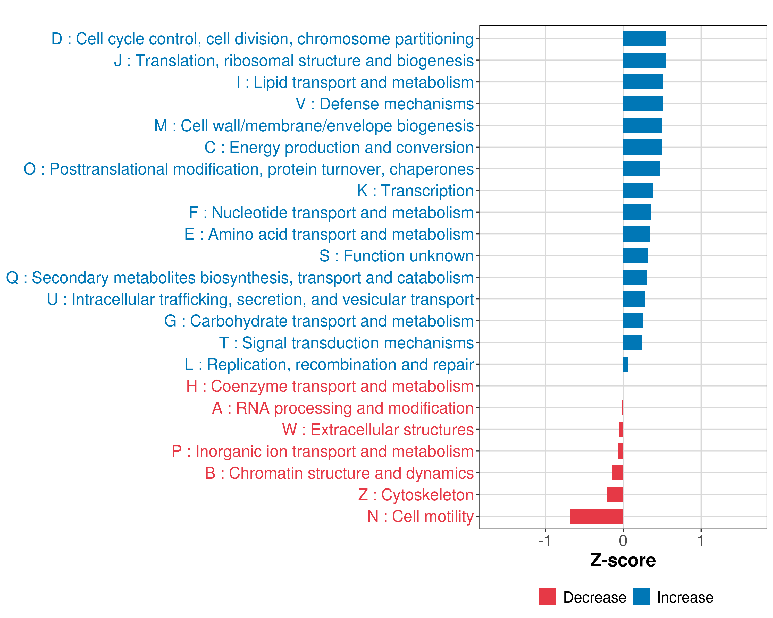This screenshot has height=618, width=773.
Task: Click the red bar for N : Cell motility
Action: point(596,516)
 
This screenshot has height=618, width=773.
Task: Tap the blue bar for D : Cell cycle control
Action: point(645,39)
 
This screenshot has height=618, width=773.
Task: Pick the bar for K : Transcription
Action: point(638,191)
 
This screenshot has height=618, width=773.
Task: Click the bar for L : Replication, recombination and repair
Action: point(626,364)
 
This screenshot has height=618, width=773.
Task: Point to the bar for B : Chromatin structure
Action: point(618,473)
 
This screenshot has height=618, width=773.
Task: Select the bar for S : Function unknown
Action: point(635,256)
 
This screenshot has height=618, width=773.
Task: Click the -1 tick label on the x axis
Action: point(545,540)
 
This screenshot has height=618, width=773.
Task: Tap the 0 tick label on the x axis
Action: point(623,540)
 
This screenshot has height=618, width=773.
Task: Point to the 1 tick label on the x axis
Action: point(701,540)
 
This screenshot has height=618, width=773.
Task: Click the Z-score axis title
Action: point(623,560)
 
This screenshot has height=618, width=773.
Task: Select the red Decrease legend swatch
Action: point(548,597)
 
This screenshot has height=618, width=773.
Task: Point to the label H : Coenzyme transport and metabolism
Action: point(330,386)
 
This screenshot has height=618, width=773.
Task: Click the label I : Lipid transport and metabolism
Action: point(355,82)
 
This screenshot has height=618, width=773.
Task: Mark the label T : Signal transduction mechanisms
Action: point(346,343)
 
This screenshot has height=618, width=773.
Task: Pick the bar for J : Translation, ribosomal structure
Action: point(644,60)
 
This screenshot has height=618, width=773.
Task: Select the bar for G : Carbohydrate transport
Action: point(633,321)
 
